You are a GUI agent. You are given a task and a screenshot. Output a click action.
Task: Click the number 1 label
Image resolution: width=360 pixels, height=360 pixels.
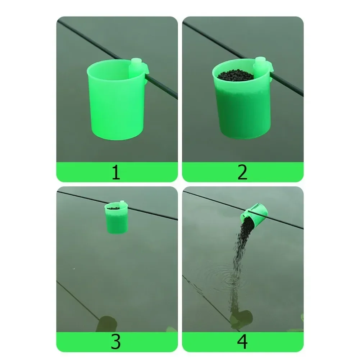[115, 173]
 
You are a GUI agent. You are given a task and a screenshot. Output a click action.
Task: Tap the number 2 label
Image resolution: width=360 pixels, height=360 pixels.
[243, 173]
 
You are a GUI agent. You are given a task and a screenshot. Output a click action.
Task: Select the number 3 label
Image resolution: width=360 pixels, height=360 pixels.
[115, 342]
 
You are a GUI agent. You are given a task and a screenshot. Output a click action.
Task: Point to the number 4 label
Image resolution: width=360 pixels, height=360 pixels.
[243, 342]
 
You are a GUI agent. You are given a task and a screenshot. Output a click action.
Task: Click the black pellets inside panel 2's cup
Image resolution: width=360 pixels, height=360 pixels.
[236, 75]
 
